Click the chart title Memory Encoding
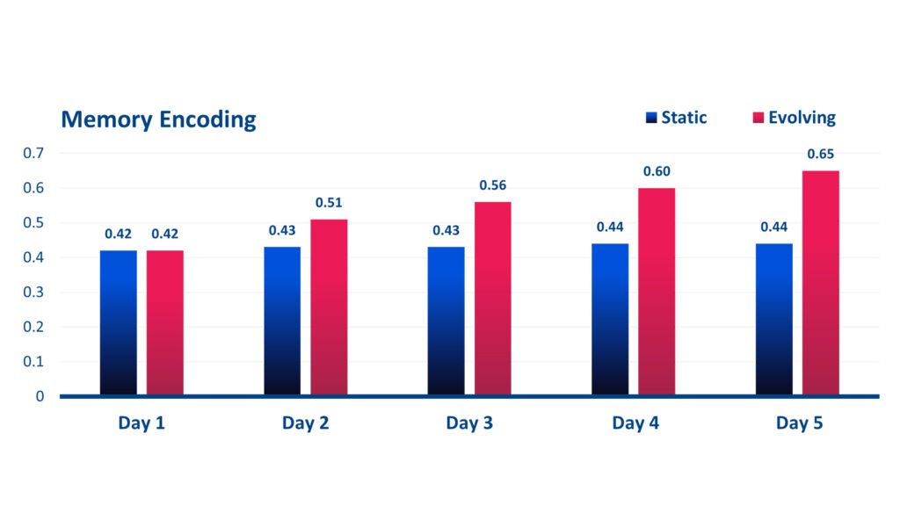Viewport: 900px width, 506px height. pos(158,119)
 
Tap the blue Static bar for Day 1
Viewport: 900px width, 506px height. pos(119,322)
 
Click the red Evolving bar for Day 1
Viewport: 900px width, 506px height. pos(165,322)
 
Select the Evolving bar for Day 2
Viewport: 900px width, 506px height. pos(329,307)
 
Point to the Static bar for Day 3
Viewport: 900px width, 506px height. pos(446,321)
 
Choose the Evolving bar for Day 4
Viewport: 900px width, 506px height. pos(657,292)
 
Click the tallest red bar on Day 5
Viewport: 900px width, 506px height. pos(821,283)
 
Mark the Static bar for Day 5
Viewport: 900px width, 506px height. pos(774,319)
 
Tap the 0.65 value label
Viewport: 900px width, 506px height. pos(821,155)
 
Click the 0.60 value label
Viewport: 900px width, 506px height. pos(657,171)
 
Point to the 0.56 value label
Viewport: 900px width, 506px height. pos(493,185)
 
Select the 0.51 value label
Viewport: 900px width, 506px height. pos(330,203)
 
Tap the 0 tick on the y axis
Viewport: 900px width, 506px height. pos(40,396)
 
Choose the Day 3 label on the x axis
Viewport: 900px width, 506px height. pos(469,423)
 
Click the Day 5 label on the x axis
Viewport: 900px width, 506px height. pos(799,423)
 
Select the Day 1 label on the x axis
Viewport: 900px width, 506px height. pos(142,423)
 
